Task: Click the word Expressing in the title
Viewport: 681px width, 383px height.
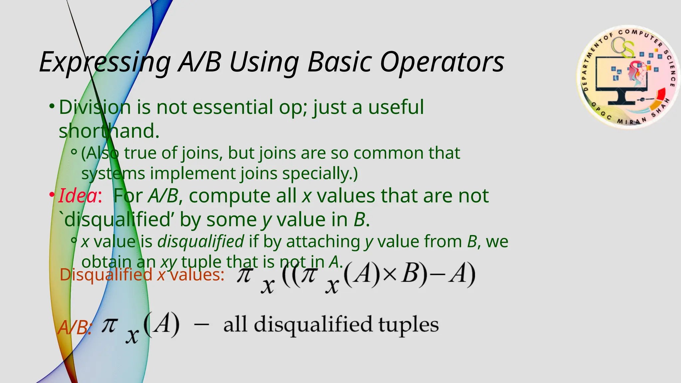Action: (x=105, y=63)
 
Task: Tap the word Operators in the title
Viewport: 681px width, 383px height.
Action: (x=442, y=63)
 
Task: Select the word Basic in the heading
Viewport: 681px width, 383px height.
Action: (x=340, y=63)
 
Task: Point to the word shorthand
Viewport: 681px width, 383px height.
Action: (x=109, y=131)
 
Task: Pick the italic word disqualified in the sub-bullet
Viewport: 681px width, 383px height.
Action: (x=201, y=242)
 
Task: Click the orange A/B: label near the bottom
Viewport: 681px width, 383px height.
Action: (x=74, y=328)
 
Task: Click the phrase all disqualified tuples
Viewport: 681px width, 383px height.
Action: (x=331, y=325)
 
